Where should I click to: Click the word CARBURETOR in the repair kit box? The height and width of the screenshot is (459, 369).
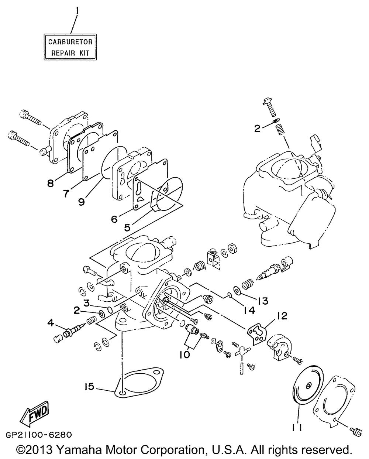tap(70, 42)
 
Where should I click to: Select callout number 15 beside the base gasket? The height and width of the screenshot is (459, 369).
tap(89, 386)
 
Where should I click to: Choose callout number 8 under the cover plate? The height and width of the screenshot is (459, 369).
tap(50, 184)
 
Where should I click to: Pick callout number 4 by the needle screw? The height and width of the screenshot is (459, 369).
tap(50, 323)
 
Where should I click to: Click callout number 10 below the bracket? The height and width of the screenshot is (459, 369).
tap(184, 355)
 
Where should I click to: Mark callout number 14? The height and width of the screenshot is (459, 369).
tap(249, 311)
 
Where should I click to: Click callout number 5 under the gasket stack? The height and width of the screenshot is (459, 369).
tap(127, 228)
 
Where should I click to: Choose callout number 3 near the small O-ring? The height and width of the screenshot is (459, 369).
tap(87, 304)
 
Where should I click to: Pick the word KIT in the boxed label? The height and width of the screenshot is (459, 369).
tap(84, 53)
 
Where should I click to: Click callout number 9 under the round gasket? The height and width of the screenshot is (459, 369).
tap(82, 202)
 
